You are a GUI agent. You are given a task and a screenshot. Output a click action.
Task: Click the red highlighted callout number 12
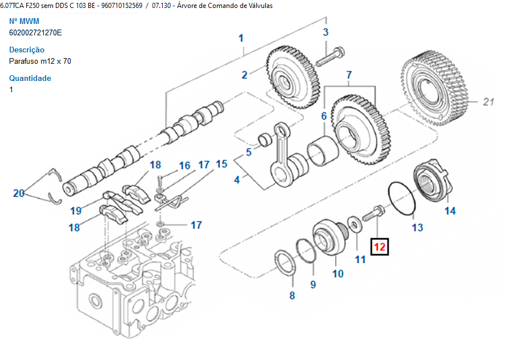380,247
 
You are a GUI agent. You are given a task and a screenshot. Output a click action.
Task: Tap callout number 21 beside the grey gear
488,102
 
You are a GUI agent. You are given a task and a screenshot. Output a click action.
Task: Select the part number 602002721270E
35,32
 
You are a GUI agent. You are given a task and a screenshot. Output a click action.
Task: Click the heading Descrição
27,50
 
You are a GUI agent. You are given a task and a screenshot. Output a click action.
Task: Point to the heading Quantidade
30,78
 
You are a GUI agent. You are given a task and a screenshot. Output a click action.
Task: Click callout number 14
450,211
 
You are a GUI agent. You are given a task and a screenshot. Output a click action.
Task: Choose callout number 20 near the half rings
19,194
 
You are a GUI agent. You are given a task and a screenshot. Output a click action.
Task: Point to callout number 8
292,295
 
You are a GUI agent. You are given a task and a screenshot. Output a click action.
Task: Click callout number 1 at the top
241,38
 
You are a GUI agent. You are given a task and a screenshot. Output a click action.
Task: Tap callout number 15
221,164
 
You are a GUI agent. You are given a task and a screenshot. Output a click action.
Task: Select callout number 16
184,166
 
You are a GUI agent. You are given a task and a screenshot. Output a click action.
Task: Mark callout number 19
76,211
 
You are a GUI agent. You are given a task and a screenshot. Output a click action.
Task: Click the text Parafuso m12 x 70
40,61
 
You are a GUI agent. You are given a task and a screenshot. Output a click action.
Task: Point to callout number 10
338,274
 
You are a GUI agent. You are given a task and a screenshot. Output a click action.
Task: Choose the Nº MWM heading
24,21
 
